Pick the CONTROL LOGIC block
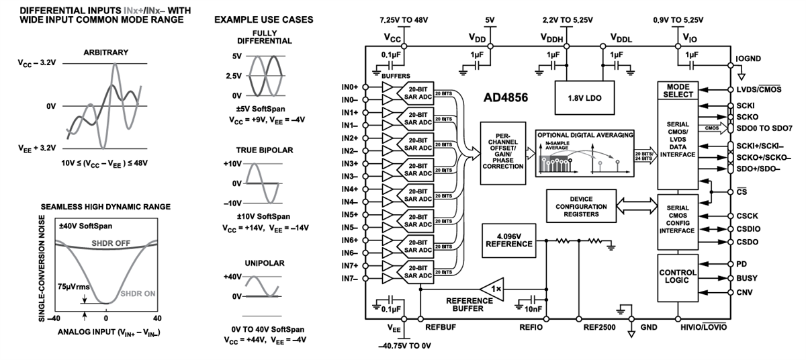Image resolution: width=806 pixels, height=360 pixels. pyautogui.click(x=678, y=277)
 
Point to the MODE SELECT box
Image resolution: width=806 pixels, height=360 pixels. pyautogui.click(x=678, y=91)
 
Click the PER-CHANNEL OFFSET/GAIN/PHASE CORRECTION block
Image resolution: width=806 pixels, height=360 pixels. pyautogui.click(x=502, y=152)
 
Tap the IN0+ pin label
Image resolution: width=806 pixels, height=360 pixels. pyautogui.click(x=350, y=87)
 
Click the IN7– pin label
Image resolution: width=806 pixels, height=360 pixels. pyautogui.click(x=350, y=278)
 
